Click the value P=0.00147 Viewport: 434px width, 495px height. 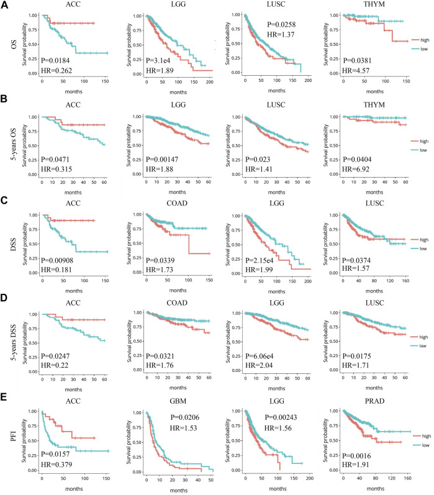point(153,159)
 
